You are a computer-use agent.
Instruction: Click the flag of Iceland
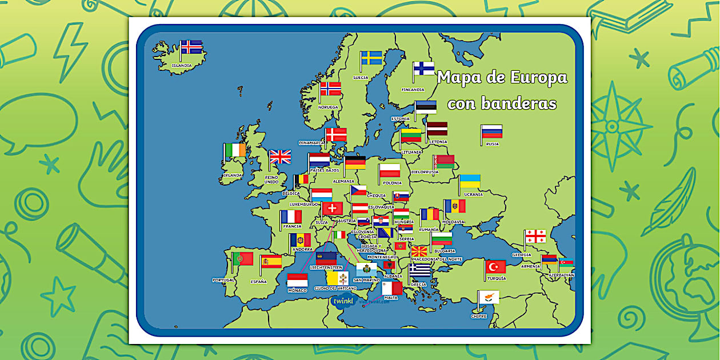click(x=191, y=47)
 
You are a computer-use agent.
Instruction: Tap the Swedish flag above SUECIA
click(x=372, y=58)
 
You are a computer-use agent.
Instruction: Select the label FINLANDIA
click(x=413, y=90)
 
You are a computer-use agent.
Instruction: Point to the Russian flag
click(x=492, y=131)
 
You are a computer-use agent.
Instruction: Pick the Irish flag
click(x=235, y=150)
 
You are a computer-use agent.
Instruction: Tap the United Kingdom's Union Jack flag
click(x=281, y=157)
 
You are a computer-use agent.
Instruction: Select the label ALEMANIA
click(x=343, y=181)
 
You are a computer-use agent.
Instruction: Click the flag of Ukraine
click(x=470, y=181)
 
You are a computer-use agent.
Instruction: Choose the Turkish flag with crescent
click(x=496, y=266)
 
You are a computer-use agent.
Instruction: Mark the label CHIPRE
click(x=479, y=316)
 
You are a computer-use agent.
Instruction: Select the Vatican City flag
click(x=338, y=278)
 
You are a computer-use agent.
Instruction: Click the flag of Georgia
click(x=535, y=236)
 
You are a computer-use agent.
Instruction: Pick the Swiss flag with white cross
click(x=333, y=209)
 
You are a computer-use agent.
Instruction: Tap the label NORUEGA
click(x=329, y=107)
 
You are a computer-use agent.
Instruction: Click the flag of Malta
click(x=393, y=288)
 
